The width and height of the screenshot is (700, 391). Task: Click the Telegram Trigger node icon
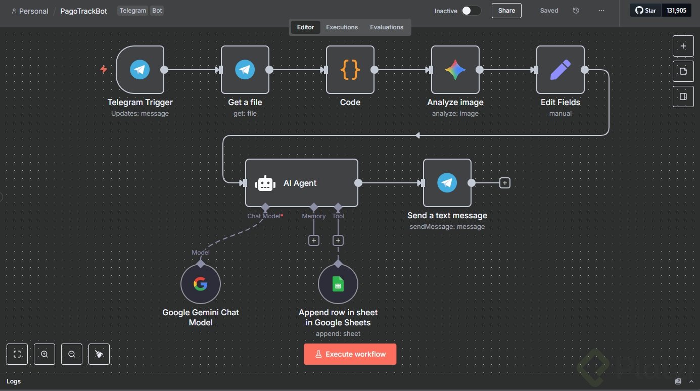(140, 70)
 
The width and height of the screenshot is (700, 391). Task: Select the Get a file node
(245, 70)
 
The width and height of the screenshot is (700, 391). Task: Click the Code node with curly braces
(350, 70)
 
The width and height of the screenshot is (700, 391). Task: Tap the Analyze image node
(455, 70)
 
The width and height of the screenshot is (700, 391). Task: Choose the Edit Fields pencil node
(561, 70)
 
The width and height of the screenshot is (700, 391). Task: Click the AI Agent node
(302, 183)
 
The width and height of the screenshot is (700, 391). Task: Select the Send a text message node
(447, 183)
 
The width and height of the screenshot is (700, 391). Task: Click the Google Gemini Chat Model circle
(201, 284)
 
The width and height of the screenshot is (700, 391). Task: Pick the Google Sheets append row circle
(338, 284)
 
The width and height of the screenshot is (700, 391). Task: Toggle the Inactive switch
(471, 11)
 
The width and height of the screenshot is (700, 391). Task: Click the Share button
(506, 11)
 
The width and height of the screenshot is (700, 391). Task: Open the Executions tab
(342, 27)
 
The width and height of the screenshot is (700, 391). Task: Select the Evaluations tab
(387, 27)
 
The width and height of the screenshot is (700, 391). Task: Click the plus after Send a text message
(504, 183)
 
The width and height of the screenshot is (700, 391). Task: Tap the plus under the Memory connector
(314, 240)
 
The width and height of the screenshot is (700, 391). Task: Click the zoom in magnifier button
(44, 354)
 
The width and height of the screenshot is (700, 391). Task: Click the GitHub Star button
(645, 11)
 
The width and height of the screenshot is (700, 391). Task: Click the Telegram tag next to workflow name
(133, 11)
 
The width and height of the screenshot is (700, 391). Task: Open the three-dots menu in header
(601, 11)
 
